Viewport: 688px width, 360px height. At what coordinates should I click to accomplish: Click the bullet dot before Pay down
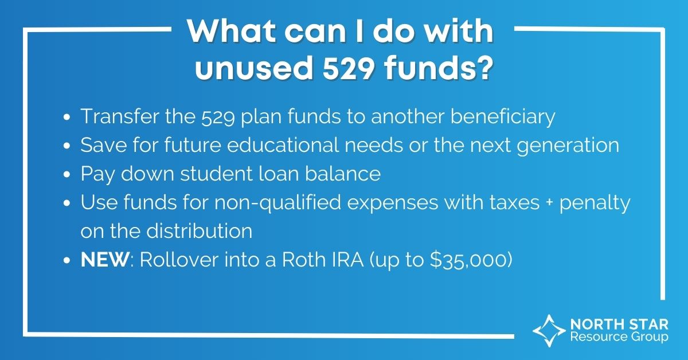point(68,174)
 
